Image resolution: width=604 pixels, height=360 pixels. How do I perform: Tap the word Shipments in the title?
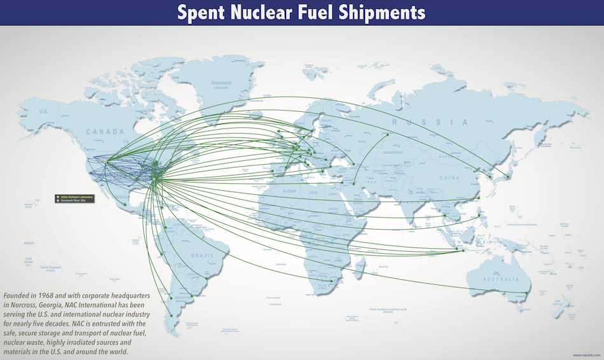[x=374, y=12]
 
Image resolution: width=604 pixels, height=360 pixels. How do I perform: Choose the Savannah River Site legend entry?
[x=74, y=202]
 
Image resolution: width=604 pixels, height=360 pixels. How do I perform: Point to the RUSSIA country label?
[x=429, y=122]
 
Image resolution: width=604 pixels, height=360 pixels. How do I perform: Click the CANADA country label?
[x=105, y=132]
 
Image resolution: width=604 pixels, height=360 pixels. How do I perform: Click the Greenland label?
[x=221, y=83]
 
